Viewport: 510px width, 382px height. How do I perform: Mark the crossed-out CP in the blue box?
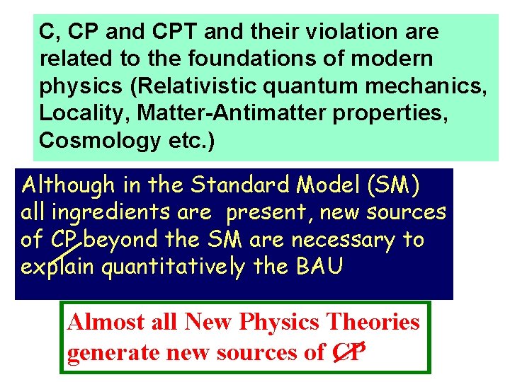click(x=64, y=241)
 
